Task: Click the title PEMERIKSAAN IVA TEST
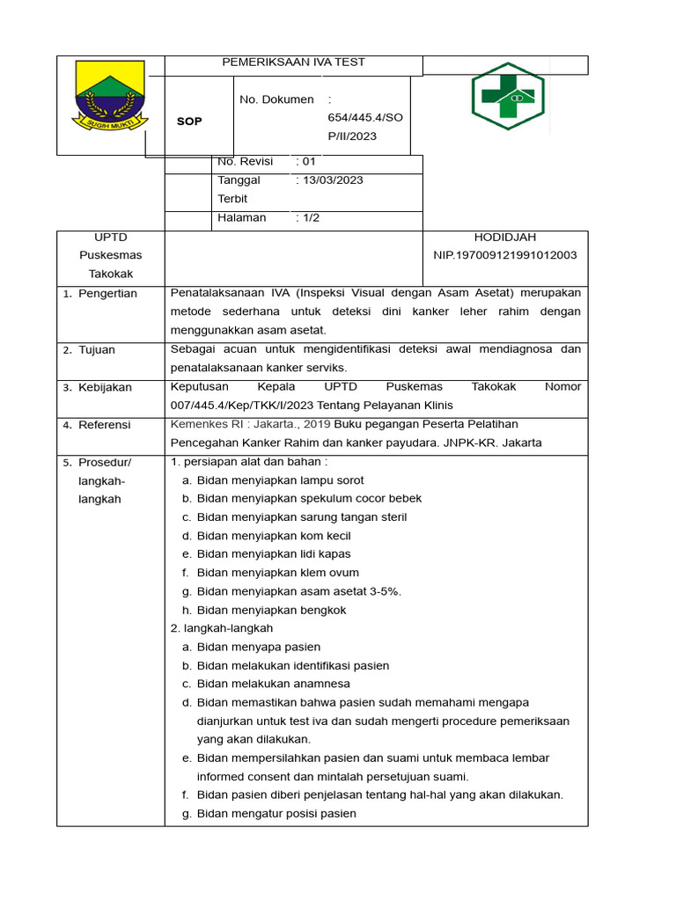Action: tap(294, 62)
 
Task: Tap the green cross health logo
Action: tap(507, 97)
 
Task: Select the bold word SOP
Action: tap(189, 121)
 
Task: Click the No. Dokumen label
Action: tap(276, 99)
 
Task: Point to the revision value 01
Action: tap(308, 162)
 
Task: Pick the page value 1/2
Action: tap(311, 217)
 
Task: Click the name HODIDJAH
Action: tap(504, 237)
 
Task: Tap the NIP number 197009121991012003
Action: tap(504, 255)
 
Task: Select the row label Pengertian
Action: tap(107, 294)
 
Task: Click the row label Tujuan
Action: tap(97, 350)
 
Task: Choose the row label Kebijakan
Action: tap(105, 387)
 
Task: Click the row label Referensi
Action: tap(104, 425)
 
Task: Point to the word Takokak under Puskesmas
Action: tap(110, 274)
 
